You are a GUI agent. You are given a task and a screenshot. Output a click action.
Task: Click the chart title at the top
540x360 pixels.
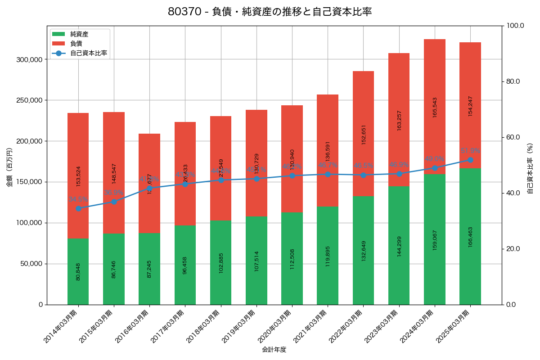[270, 12]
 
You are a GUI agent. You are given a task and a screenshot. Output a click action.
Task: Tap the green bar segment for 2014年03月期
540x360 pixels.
[78, 271]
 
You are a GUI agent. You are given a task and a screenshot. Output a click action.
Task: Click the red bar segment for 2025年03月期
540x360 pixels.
[470, 105]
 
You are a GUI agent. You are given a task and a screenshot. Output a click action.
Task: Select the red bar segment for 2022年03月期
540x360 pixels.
[363, 133]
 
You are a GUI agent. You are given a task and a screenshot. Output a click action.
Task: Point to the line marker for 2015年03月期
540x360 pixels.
[114, 202]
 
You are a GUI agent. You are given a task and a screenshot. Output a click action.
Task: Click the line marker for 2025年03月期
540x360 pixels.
[470, 160]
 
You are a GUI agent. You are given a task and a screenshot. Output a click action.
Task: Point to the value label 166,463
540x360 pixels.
[470, 237]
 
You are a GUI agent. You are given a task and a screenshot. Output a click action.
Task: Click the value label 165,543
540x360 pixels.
[435, 107]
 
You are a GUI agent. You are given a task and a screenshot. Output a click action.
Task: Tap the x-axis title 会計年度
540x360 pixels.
[274, 349]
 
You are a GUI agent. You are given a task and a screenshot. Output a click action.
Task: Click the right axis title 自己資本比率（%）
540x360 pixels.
[530, 168]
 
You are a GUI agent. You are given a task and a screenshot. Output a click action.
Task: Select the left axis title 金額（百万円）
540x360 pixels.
[9, 167]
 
